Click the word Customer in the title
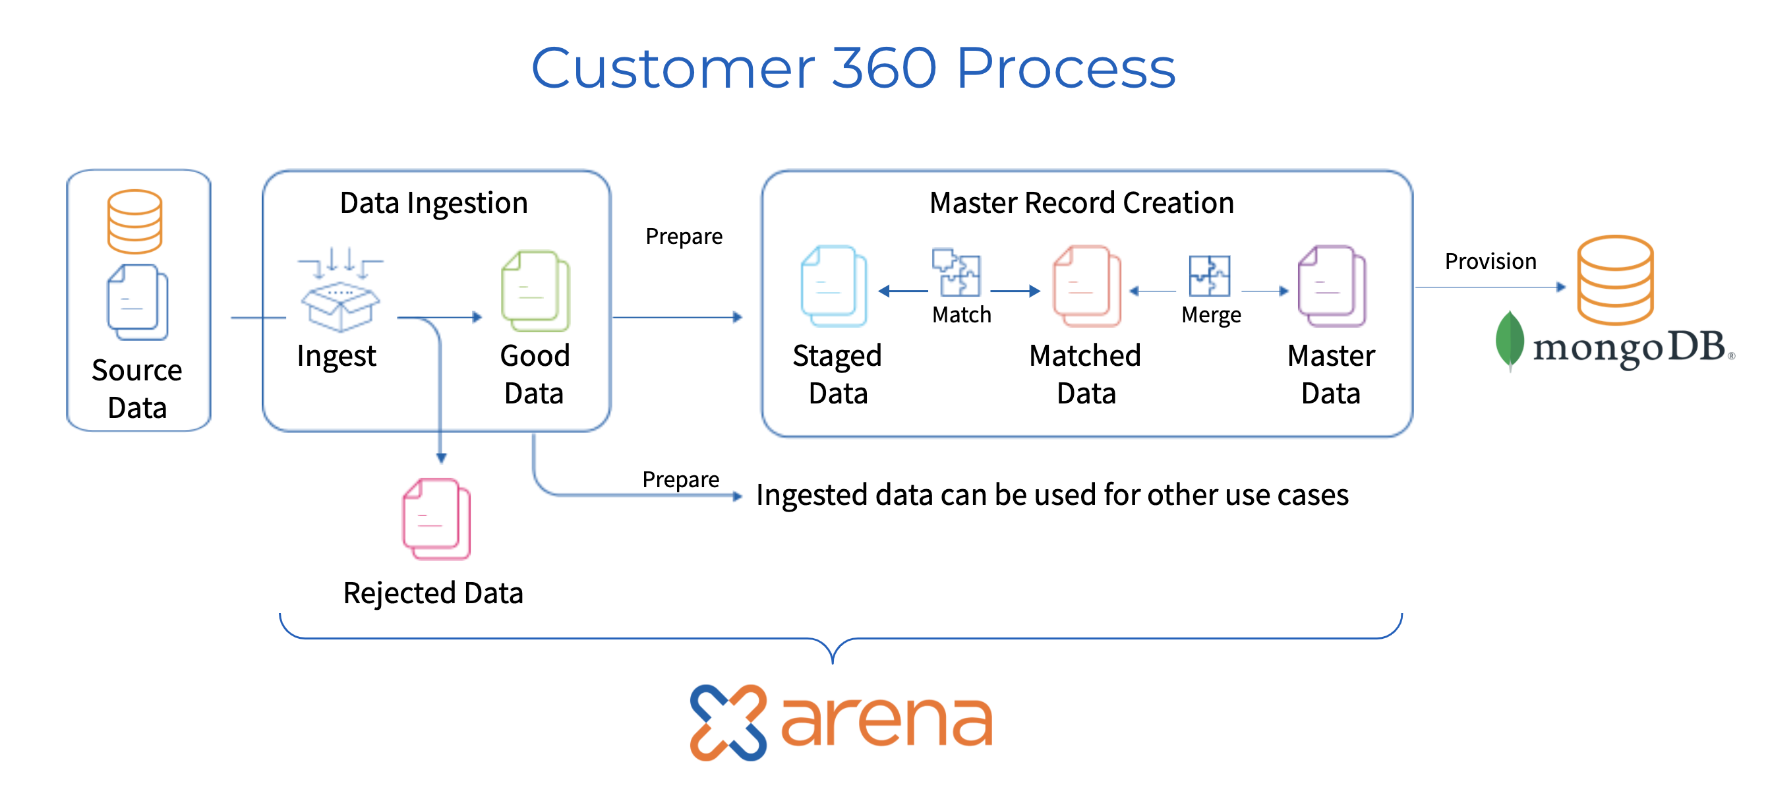[x=672, y=69]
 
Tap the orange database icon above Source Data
[x=134, y=221]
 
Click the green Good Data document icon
[x=535, y=291]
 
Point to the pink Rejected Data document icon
[x=436, y=519]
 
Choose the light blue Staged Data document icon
[x=834, y=285]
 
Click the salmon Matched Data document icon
[x=1086, y=285]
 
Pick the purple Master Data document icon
[x=1332, y=285]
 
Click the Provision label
[x=1490, y=262]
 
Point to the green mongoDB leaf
[x=1509, y=340]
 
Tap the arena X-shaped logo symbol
[x=728, y=722]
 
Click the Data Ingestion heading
[x=434, y=203]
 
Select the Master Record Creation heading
[x=1082, y=203]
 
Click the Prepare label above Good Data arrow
[x=684, y=237]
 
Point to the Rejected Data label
[x=433, y=593]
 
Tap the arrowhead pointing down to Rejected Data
[x=441, y=458]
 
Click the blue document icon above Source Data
[x=137, y=302]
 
